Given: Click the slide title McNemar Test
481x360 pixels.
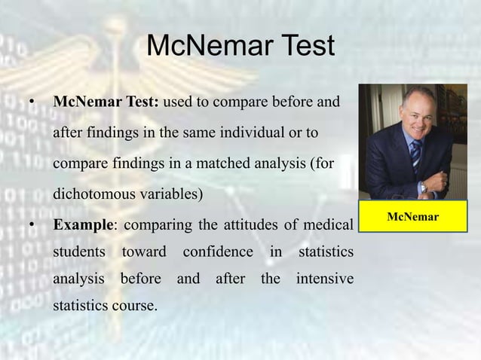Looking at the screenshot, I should (240, 47).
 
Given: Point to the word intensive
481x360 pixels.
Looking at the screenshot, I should (324, 279).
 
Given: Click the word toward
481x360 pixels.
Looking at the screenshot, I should (144, 252).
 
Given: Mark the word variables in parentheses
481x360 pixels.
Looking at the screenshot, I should (170, 193).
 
